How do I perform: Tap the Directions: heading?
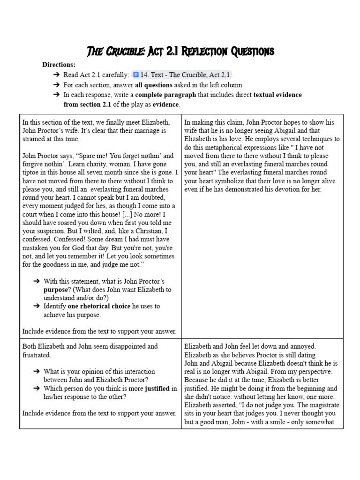pyautogui.click(x=59, y=65)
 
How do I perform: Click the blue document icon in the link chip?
pyautogui.click(x=136, y=75)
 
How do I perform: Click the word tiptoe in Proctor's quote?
pyautogui.click(x=31, y=172)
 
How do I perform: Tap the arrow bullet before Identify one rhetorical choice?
pyautogui.click(x=36, y=306)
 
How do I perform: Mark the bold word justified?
pyautogui.click(x=157, y=388)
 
